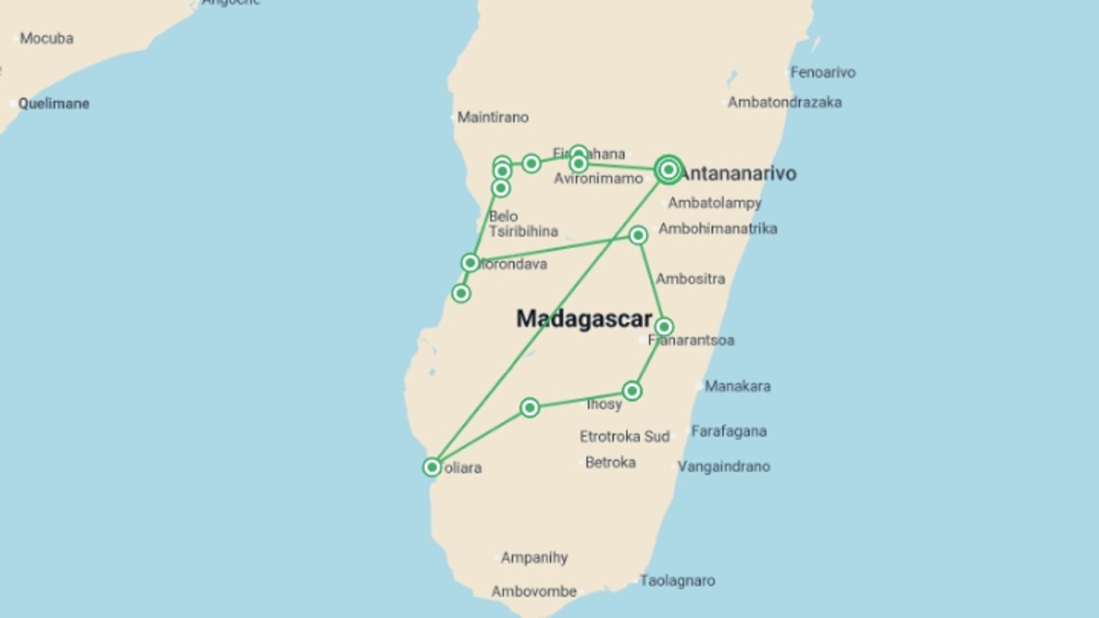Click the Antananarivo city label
tap(738, 173)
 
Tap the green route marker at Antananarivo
tap(669, 169)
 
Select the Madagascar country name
tap(584, 319)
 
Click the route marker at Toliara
tap(432, 467)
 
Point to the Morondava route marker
tap(470, 263)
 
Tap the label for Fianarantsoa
tap(691, 340)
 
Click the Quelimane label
tap(53, 104)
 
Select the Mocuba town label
tap(46, 38)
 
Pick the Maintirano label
tap(493, 117)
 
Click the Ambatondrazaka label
tap(784, 102)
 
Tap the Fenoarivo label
tap(823, 73)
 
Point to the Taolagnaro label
tap(677, 581)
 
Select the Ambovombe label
tap(533, 592)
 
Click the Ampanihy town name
tap(534, 557)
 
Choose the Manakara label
tap(737, 386)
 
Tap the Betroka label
tap(610, 462)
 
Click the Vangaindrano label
tap(724, 467)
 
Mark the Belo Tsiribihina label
tap(523, 224)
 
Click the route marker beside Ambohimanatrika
tap(638, 235)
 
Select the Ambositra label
tap(690, 279)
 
